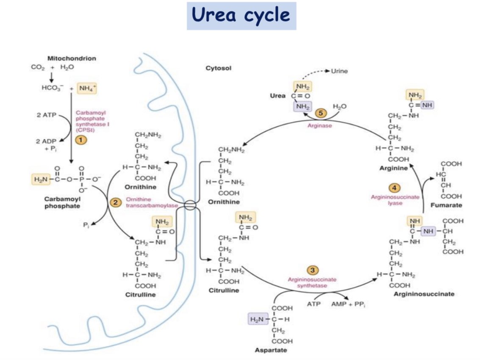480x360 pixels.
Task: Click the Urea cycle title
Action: click(x=241, y=15)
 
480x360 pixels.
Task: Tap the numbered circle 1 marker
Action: click(x=81, y=140)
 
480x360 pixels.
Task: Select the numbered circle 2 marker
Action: click(x=115, y=202)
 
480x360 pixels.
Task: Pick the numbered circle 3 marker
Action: click(x=312, y=270)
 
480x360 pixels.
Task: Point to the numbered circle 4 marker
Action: click(x=394, y=188)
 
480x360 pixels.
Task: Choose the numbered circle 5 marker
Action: click(x=321, y=113)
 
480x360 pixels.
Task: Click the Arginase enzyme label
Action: click(x=319, y=125)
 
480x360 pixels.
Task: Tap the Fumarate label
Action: click(x=446, y=205)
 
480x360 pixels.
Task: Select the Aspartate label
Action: click(x=271, y=350)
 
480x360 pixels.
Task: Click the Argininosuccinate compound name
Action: click(x=424, y=294)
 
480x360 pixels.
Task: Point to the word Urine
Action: click(x=339, y=71)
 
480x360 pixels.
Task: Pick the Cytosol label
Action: click(x=218, y=68)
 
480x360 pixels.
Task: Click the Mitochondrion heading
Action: click(x=72, y=58)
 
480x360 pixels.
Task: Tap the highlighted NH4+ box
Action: click(x=87, y=89)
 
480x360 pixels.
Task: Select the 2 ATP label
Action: click(x=47, y=115)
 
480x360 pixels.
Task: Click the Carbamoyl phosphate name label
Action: click(x=62, y=202)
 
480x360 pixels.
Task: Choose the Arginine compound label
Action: click(x=394, y=168)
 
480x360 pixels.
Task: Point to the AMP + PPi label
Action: click(x=348, y=304)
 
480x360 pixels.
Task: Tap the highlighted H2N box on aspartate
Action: click(x=258, y=319)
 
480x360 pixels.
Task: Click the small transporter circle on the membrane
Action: click(x=190, y=205)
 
